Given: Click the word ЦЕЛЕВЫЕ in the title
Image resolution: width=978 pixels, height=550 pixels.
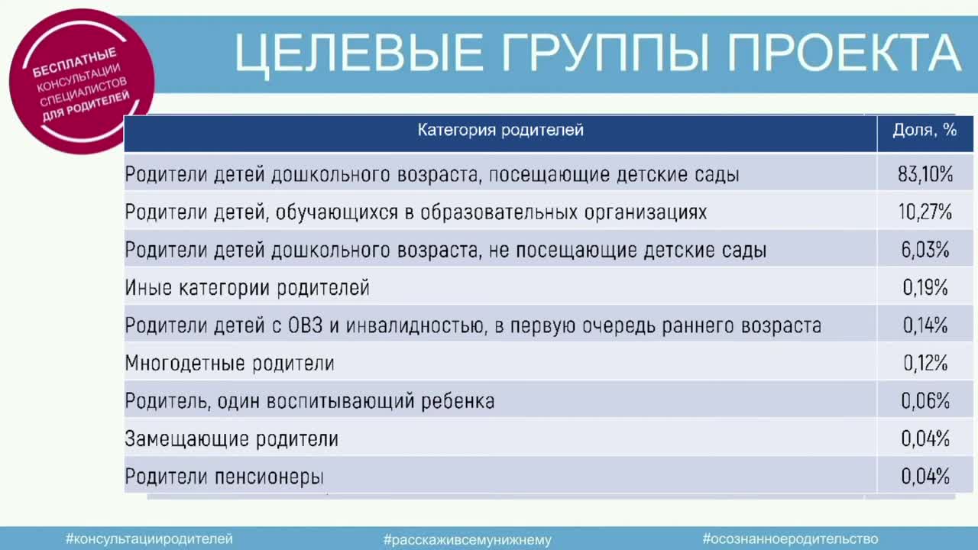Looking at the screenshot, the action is pos(359,53).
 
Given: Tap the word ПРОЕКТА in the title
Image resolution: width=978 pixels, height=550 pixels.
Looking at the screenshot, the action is pos(844,53).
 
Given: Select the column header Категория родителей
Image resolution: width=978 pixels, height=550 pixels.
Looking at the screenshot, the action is pos(500,130).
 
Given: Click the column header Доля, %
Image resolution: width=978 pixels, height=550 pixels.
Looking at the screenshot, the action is pos(925,130).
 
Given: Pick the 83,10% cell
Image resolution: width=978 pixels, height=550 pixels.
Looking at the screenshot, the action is pos(925,174).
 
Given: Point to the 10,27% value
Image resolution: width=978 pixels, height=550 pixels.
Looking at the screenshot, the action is pos(925,212).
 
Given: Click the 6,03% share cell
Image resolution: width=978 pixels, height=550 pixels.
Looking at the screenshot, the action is pos(925,250).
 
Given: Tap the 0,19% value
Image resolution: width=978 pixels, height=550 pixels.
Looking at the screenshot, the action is pos(925,288).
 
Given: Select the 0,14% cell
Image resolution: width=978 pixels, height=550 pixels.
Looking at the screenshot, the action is pos(925,325).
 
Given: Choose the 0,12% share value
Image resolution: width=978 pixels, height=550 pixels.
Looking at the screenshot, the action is pos(925,363).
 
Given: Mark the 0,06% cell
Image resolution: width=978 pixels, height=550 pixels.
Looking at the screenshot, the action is pos(925,401).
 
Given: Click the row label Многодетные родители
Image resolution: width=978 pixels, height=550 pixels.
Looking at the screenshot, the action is pos(230,364).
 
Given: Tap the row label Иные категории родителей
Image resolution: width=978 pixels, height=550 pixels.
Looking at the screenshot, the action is pos(247,288).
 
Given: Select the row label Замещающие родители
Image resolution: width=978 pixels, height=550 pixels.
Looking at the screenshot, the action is pos(232,439).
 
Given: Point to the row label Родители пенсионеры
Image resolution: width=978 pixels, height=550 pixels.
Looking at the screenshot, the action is pos(225,477).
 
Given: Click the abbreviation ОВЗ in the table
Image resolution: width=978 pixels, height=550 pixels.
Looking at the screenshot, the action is pos(305,325).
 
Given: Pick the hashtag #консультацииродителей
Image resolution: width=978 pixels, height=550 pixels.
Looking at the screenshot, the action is pos(149,539).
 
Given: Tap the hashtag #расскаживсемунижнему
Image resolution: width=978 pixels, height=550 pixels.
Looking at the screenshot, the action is pos(468,540).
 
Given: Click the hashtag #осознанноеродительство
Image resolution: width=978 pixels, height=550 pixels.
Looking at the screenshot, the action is pos(790,539).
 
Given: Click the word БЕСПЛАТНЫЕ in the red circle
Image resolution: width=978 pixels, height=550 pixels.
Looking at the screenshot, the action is pos(75,63).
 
